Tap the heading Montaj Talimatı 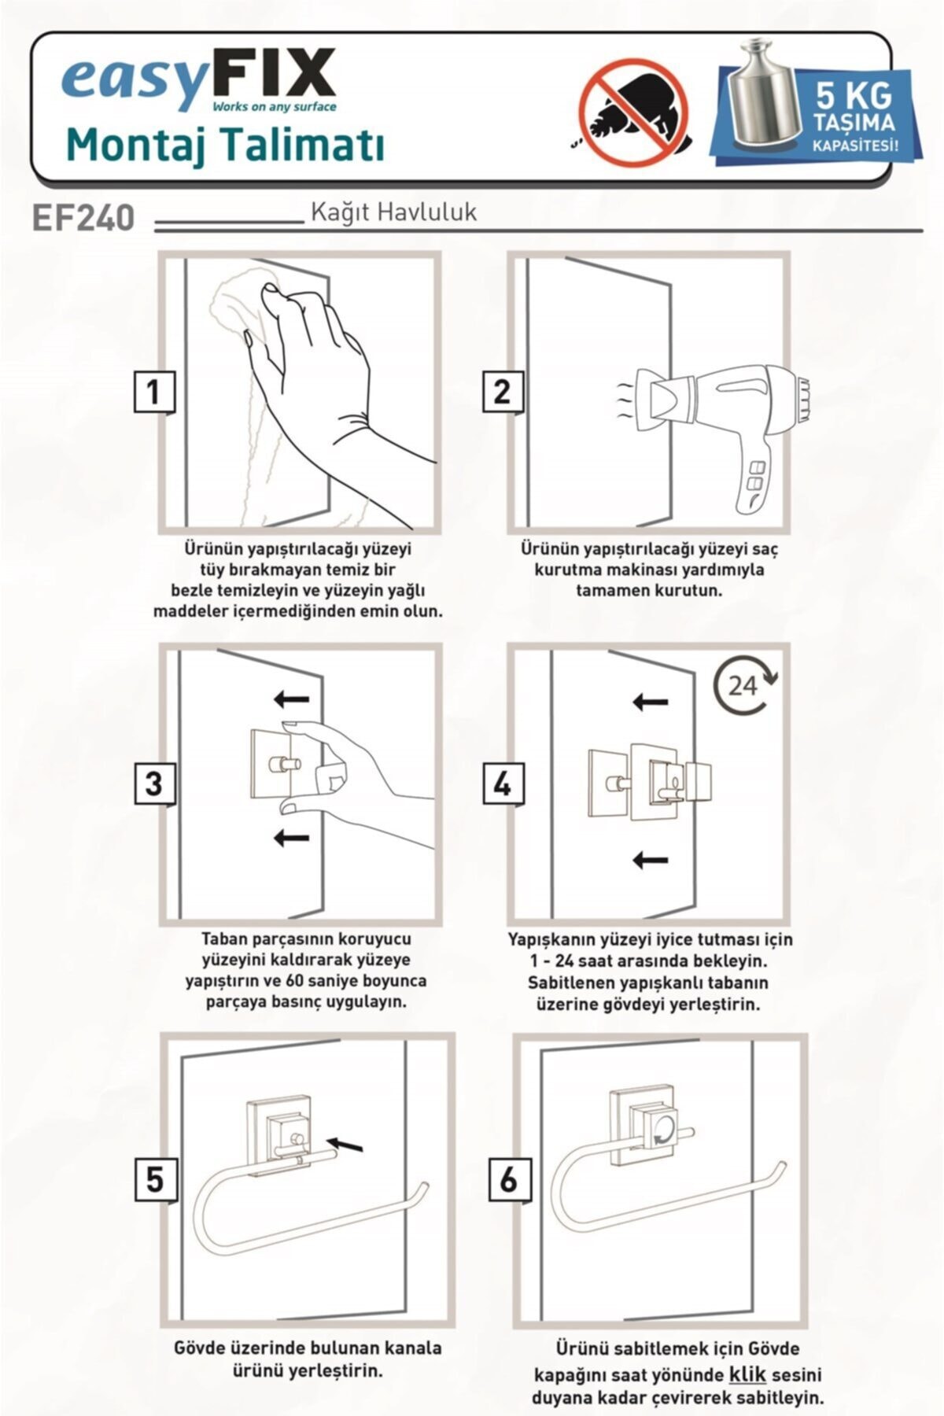click(x=225, y=146)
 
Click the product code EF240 click(x=83, y=218)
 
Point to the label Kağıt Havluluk click(x=393, y=212)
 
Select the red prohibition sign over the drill click(x=633, y=113)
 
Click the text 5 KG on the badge click(x=854, y=97)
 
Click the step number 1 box click(x=153, y=391)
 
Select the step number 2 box click(x=502, y=391)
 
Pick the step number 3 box click(x=154, y=784)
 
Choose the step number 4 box click(x=503, y=784)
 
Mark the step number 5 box click(x=155, y=1179)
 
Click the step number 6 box click(x=509, y=1179)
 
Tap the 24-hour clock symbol click(x=744, y=686)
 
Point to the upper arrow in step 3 click(x=291, y=698)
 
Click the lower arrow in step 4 click(x=651, y=860)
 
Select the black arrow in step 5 click(x=346, y=1145)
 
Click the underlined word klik click(x=747, y=1374)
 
